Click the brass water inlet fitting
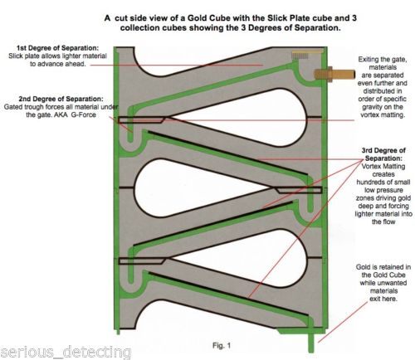click(x=334, y=74)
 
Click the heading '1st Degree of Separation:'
click(x=57, y=48)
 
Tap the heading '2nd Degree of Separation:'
click(x=61, y=99)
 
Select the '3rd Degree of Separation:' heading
click(x=383, y=154)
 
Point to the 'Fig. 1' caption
click(x=222, y=345)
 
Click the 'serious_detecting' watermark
click(x=66, y=352)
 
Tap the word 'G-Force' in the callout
click(x=84, y=114)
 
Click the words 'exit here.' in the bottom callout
click(x=383, y=299)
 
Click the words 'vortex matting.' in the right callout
click(x=383, y=114)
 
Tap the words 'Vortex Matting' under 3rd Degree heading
click(x=383, y=167)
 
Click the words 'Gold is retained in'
click(x=383, y=267)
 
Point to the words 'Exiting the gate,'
click(x=383, y=60)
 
